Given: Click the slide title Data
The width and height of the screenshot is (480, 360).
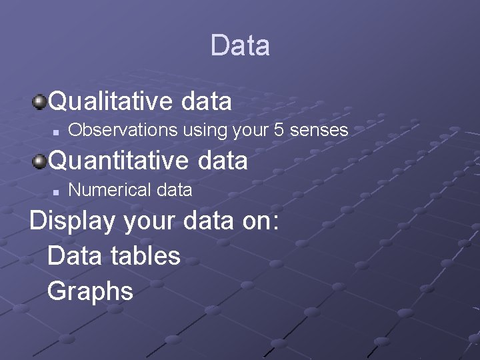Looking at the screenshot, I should pyautogui.click(x=240, y=45).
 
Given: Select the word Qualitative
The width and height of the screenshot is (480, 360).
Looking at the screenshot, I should pyautogui.click(x=111, y=101).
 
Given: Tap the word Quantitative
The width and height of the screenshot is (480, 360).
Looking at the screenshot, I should pyautogui.click(x=115, y=160).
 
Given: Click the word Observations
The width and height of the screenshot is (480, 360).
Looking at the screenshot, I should pyautogui.click(x=114, y=130).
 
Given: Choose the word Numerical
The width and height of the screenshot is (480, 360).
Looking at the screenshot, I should pyautogui.click(x=101, y=190).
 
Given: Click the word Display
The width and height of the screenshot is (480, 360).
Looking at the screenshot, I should pyautogui.click(x=72, y=221).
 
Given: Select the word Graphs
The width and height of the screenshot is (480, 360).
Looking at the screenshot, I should pyautogui.click(x=91, y=291).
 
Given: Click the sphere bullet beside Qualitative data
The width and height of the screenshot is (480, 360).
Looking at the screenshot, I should pyautogui.click(x=40, y=101).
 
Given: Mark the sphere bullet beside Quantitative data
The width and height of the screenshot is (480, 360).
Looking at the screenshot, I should pyautogui.click(x=40, y=160).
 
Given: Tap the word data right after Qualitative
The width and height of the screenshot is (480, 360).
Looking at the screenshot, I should pyautogui.click(x=206, y=101).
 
